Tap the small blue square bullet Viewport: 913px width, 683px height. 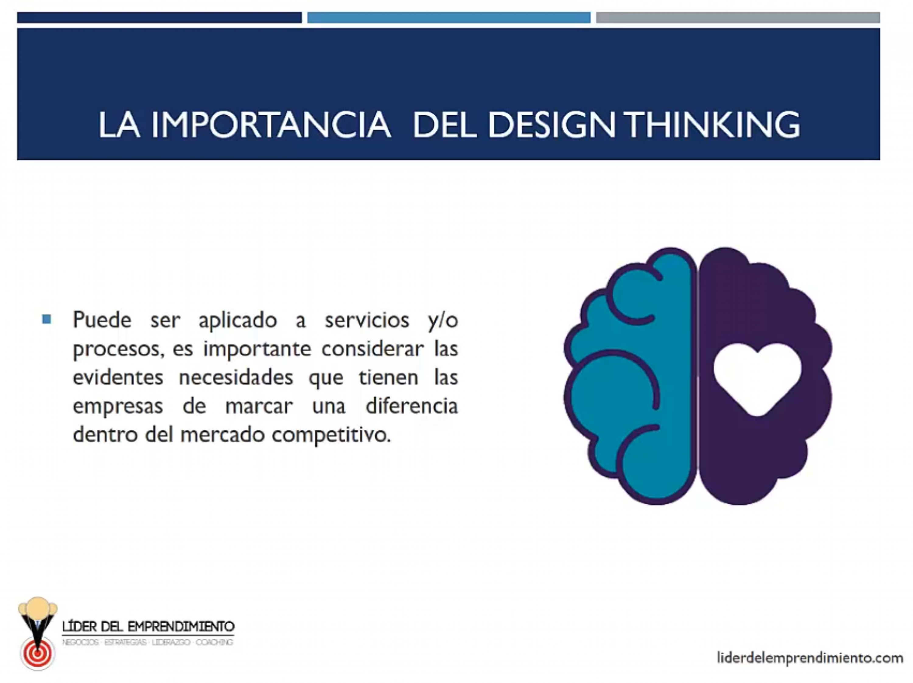point(47,319)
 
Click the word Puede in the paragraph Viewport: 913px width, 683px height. point(102,320)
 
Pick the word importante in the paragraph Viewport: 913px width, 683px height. point(257,349)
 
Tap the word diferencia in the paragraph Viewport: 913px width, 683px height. point(411,406)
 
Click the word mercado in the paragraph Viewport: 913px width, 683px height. point(222,435)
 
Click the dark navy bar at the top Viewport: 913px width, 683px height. point(159,18)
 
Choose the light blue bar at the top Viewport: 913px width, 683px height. point(449,18)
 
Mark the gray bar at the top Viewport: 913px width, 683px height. point(738,18)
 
